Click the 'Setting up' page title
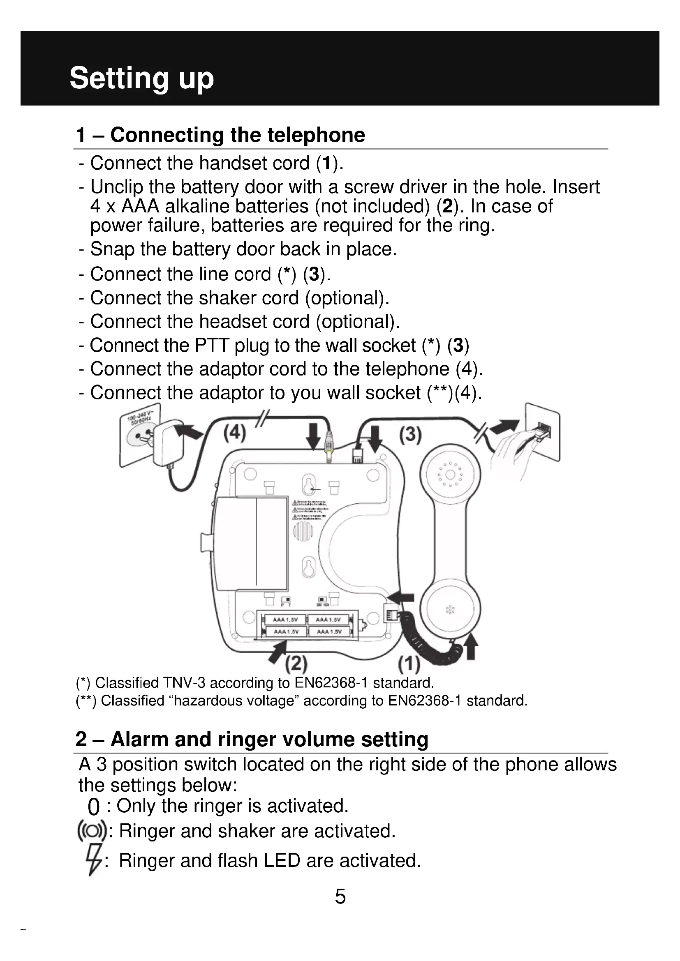click(141, 78)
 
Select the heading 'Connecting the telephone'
click(237, 135)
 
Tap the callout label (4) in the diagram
click(234, 432)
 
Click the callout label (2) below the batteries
click(296, 663)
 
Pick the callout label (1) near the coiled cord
click(409, 664)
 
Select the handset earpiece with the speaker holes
click(450, 475)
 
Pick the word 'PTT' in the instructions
click(211, 346)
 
